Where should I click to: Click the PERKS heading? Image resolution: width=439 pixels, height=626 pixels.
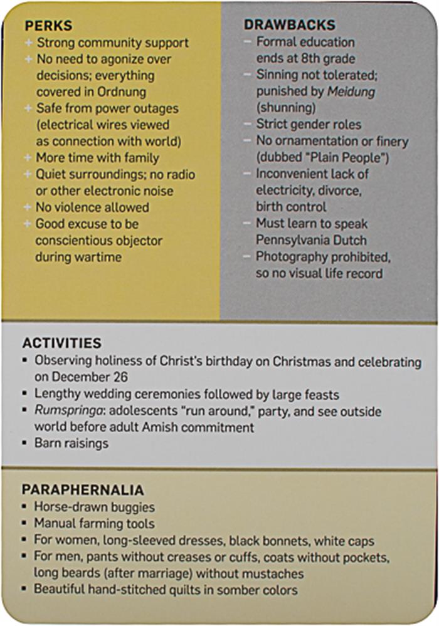pos(48,26)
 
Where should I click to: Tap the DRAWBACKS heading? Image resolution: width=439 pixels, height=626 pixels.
pos(289,26)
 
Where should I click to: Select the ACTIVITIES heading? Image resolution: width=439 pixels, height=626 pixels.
pos(61,343)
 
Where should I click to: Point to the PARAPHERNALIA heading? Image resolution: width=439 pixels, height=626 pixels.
pos(83,489)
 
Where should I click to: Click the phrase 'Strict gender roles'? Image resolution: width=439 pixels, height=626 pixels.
pos(308,124)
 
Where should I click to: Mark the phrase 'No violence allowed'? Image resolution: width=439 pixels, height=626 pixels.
pos(92,207)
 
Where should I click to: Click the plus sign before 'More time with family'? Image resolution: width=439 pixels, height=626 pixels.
pos(28,158)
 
